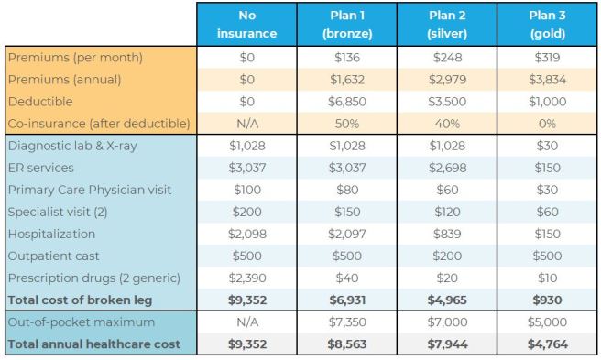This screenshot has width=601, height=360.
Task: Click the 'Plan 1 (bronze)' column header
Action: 345,25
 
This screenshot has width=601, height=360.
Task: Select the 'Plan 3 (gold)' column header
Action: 546,25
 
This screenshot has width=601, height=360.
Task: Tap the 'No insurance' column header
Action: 246,25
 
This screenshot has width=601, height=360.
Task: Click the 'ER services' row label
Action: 42,169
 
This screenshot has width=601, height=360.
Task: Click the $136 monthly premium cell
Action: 345,58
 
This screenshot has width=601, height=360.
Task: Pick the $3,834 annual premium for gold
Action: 546,80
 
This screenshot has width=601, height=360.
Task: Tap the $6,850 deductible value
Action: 345,102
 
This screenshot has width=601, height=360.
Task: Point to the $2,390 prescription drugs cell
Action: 246,278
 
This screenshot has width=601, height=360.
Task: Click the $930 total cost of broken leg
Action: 546,300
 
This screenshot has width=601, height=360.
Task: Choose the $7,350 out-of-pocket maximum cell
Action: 345,322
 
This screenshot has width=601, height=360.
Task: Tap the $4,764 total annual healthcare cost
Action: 546,344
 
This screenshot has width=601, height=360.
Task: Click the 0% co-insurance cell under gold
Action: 546,124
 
